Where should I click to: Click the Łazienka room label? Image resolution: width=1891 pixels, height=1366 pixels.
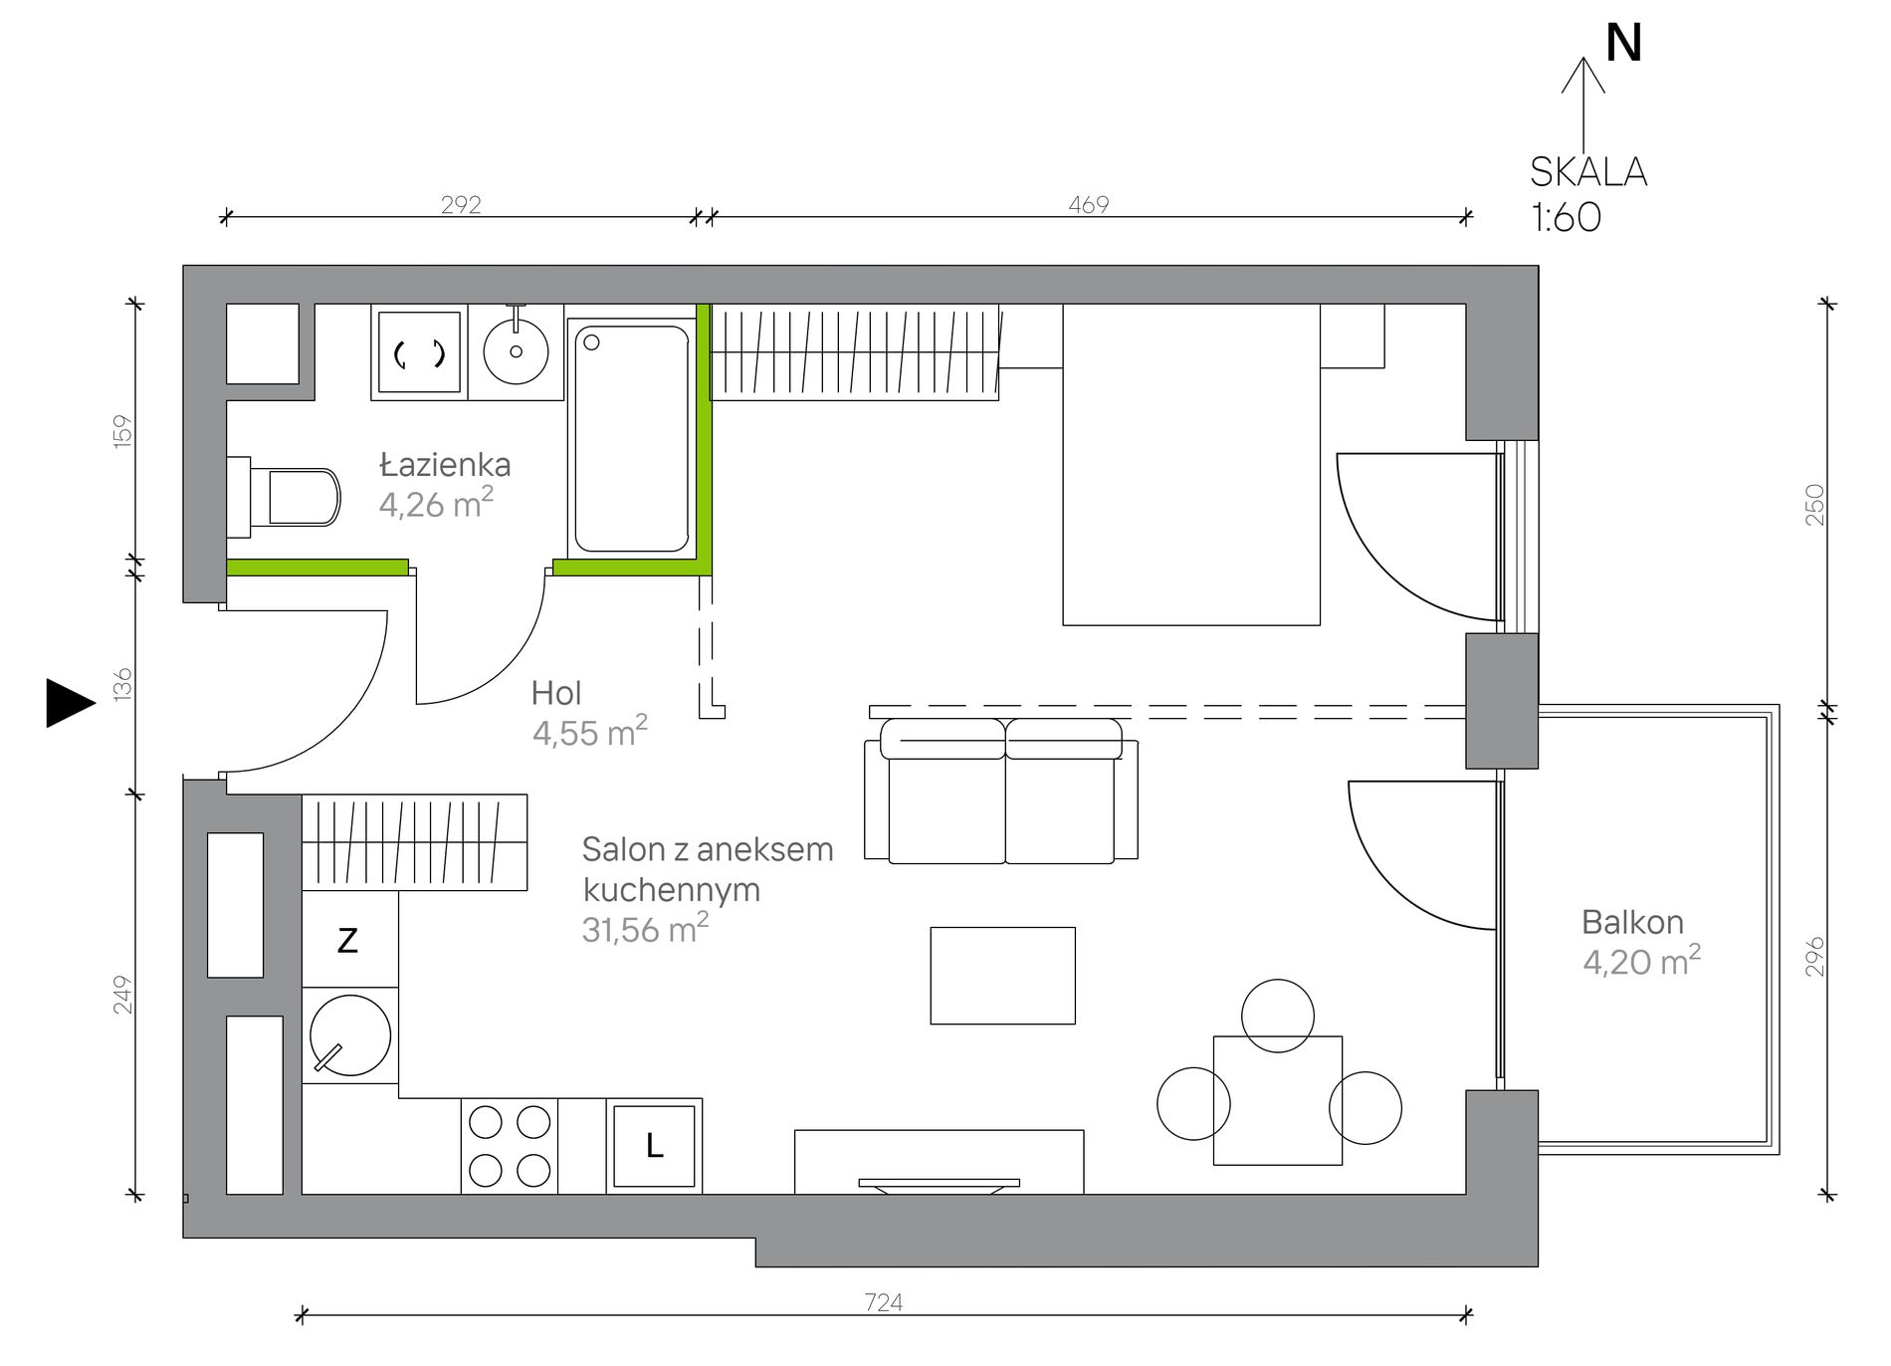pos(445,465)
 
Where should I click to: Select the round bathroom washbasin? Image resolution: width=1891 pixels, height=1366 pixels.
pos(516,350)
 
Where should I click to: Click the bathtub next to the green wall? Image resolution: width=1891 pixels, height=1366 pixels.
pos(631,438)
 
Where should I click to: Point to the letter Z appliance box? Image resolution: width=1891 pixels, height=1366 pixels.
pos(349,940)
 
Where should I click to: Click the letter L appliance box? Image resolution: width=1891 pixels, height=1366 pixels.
pos(654,1146)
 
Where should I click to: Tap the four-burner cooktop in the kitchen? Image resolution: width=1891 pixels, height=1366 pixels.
pos(510,1146)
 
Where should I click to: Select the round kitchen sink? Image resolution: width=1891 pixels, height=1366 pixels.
pos(350,1035)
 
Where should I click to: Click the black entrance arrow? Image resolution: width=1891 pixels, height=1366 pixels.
pos(71,703)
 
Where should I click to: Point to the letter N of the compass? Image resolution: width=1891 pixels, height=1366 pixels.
pos(1624,43)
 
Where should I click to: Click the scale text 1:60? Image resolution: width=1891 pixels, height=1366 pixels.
pos(1567,217)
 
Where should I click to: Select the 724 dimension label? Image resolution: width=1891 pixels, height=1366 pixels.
pos(884,1302)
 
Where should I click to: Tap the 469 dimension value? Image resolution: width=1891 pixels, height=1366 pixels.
pos(1088,204)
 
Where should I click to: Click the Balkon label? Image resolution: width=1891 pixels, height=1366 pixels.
pos(1632,922)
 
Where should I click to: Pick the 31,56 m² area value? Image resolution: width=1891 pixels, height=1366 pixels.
pos(645,929)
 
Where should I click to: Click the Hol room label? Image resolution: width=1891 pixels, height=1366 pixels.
pos(556,693)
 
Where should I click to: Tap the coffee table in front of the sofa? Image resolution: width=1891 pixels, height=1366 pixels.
pos(1002,976)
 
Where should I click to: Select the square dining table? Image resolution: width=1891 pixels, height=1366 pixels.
pos(1278,1100)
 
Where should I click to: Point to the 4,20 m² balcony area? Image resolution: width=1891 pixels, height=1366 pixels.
pos(1641,962)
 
